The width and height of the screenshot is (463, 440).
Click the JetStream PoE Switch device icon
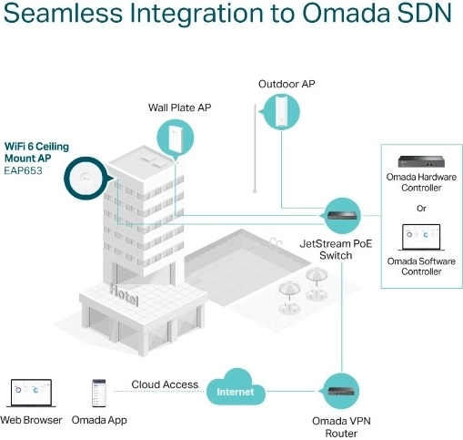point(342,216)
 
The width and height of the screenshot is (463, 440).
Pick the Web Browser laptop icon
point(30,393)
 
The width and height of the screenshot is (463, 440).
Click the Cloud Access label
point(165,384)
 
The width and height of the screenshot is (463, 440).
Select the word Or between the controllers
point(420,208)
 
